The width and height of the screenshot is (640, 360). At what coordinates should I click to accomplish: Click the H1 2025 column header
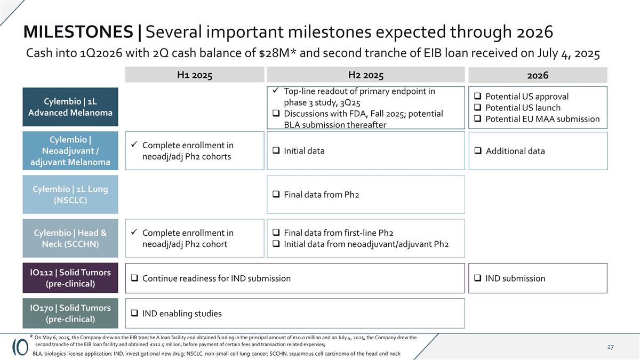(x=195, y=75)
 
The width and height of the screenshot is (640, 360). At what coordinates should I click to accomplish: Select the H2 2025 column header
(x=365, y=75)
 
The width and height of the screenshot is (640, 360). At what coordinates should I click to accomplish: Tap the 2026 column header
(x=538, y=75)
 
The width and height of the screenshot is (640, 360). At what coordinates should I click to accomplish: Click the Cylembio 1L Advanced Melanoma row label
(x=70, y=107)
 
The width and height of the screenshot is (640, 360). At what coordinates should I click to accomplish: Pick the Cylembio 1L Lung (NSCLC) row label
(x=70, y=195)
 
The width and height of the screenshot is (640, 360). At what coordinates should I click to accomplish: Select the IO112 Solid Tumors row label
(x=70, y=278)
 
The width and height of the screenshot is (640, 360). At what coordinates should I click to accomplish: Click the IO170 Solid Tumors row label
(x=70, y=314)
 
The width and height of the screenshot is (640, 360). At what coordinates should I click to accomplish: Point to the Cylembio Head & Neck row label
(x=70, y=238)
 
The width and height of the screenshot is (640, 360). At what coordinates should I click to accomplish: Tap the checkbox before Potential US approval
(x=478, y=97)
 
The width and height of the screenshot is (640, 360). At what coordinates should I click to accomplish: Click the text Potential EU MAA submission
(x=542, y=119)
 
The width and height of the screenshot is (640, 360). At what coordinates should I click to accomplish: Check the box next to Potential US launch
(x=478, y=108)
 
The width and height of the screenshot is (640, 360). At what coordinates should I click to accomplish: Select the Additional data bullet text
(x=515, y=151)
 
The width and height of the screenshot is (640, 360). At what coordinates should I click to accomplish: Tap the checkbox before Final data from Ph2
(x=276, y=195)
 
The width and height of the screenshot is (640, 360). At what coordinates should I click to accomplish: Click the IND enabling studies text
(x=181, y=314)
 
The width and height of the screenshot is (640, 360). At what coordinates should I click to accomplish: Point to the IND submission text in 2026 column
(x=515, y=278)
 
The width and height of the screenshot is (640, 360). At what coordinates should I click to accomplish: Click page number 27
(x=610, y=347)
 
